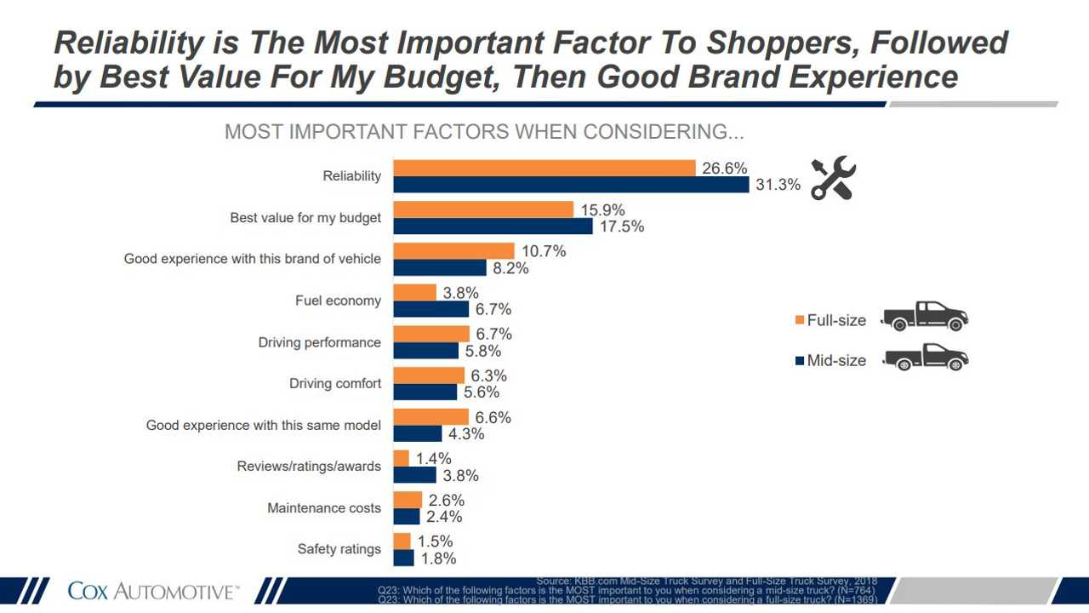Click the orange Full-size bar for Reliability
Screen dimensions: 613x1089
coord(544,168)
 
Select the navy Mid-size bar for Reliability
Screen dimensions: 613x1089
coord(571,185)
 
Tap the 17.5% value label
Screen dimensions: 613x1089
coord(621,226)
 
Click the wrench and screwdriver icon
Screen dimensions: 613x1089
coord(832,178)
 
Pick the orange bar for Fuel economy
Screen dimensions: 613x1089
coord(414,293)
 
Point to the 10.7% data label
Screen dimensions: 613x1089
coord(544,251)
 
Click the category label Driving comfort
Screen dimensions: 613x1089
coord(335,384)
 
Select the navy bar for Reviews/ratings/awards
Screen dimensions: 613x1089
coord(414,475)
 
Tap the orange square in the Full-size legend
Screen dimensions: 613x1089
coord(800,320)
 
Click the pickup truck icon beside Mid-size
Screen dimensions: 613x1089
coord(926,358)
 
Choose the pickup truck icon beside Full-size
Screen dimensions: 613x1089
coord(926,316)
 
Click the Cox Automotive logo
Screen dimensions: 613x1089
coord(153,591)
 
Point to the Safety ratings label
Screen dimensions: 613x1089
coord(339,549)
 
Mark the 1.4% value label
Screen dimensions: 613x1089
coord(434,459)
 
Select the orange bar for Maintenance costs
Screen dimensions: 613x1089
coord(408,500)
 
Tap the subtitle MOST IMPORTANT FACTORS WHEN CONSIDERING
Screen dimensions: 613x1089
coord(484,133)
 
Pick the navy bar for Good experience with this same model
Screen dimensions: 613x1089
coord(417,433)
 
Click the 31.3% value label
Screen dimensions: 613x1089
coord(778,185)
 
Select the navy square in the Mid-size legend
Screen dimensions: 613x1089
coord(800,361)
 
